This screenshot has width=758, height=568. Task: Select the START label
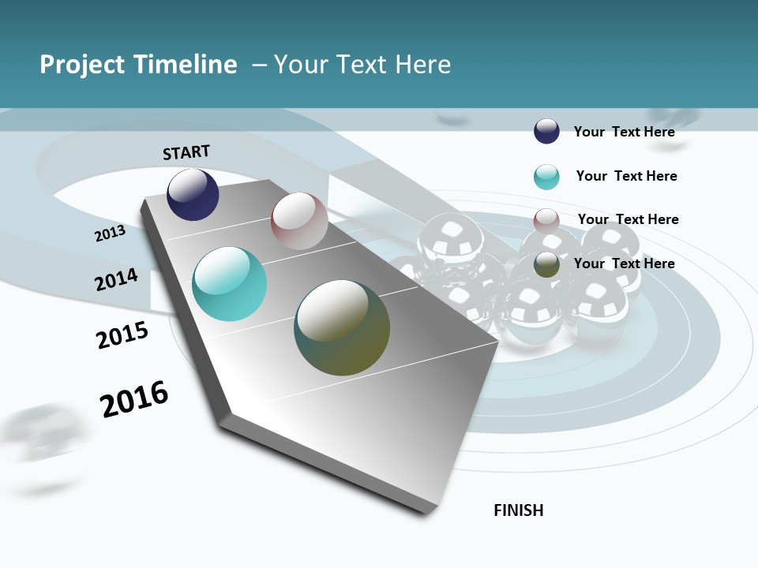(186, 152)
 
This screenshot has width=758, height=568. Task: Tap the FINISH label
(519, 510)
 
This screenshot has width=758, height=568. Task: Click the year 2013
(110, 234)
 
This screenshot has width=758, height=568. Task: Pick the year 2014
(116, 280)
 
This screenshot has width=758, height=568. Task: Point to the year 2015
(122, 335)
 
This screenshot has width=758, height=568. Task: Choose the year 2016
(134, 399)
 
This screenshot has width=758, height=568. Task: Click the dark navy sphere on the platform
(193, 195)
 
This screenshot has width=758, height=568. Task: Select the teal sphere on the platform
(230, 284)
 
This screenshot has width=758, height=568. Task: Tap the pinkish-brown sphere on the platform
(299, 221)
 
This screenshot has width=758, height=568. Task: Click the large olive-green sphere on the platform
(342, 327)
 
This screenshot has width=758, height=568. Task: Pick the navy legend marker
(546, 131)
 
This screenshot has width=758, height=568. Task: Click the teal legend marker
(546, 177)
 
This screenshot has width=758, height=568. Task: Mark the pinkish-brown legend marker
(546, 220)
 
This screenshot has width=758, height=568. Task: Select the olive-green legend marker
(546, 264)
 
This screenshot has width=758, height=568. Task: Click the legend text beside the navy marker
(624, 132)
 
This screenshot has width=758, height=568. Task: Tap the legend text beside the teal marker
(626, 176)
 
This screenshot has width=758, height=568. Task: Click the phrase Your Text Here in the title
(362, 65)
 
